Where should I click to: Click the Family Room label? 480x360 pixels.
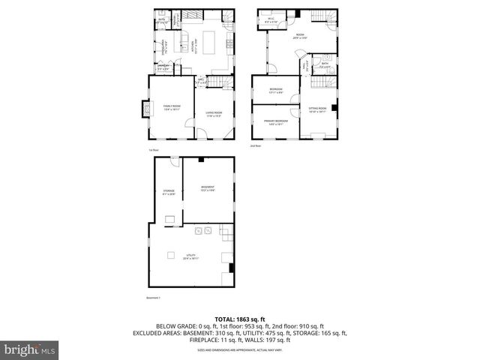coord(172,108)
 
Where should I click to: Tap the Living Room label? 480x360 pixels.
coord(214,113)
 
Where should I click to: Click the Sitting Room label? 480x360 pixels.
coord(317,109)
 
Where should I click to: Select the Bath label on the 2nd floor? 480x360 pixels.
coord(325,65)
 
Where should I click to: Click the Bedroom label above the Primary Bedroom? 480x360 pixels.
coord(275,91)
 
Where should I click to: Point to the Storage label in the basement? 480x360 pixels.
coord(169,192)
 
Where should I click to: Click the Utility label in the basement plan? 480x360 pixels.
coord(191,256)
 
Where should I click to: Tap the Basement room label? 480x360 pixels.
coord(208,188)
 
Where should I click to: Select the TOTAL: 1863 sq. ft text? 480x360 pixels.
coord(239,319)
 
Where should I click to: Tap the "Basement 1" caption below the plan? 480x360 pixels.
coord(154,298)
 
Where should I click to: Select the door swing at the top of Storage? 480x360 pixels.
coord(175,163)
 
